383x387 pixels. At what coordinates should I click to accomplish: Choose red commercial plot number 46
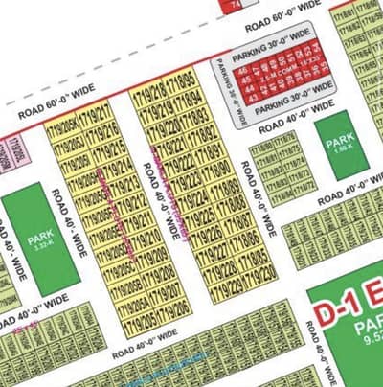(243, 70)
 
